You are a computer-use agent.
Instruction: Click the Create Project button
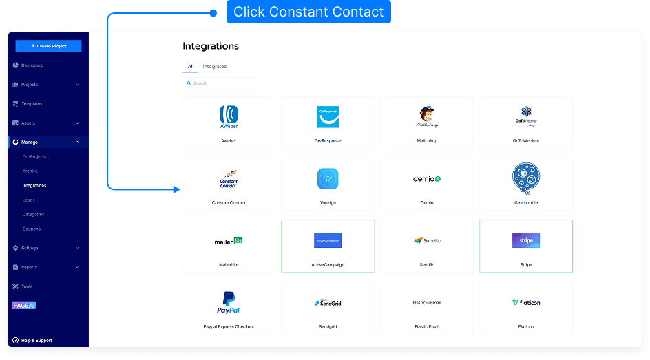click(x=48, y=46)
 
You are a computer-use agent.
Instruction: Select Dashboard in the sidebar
click(x=32, y=65)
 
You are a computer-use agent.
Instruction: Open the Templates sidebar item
click(x=32, y=104)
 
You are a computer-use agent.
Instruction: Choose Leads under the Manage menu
click(x=28, y=200)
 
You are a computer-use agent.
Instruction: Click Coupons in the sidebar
click(x=32, y=229)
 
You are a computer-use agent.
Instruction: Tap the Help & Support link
click(x=36, y=341)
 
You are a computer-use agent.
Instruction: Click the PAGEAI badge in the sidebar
click(x=23, y=306)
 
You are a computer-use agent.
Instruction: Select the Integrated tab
click(x=215, y=67)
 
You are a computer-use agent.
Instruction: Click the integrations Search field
click(x=220, y=83)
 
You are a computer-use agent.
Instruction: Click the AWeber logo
click(x=229, y=116)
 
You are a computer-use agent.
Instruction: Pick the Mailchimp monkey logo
click(x=427, y=117)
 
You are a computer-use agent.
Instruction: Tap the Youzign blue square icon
click(x=328, y=179)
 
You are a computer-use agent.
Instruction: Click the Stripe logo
click(x=526, y=241)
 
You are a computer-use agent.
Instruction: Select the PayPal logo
click(x=229, y=302)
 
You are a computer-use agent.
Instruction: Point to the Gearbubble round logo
click(x=526, y=178)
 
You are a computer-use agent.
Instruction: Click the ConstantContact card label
click(x=229, y=203)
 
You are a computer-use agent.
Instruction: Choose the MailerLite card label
click(x=229, y=265)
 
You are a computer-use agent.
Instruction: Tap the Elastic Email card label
click(x=427, y=326)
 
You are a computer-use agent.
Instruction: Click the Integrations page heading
click(x=211, y=46)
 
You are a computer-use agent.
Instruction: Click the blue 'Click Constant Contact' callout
click(x=308, y=12)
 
